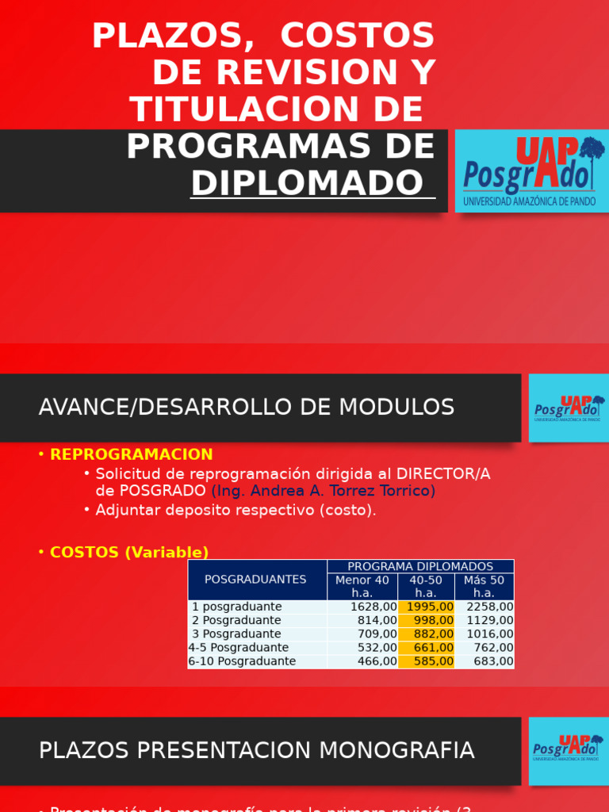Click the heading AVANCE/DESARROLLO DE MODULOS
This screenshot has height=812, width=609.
247,408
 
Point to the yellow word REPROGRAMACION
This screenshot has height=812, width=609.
132,454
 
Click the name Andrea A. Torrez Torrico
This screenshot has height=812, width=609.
324,491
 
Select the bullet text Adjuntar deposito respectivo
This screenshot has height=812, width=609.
236,510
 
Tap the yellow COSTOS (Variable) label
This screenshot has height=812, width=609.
129,553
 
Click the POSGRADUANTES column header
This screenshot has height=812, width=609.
255,580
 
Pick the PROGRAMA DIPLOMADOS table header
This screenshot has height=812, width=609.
420,566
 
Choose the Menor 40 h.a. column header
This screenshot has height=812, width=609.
362,587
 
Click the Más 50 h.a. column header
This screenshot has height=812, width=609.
484,587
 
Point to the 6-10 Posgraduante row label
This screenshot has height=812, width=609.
242,661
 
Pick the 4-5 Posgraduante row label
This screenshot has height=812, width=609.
239,648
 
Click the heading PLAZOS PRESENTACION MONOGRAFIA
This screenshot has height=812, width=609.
257,750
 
